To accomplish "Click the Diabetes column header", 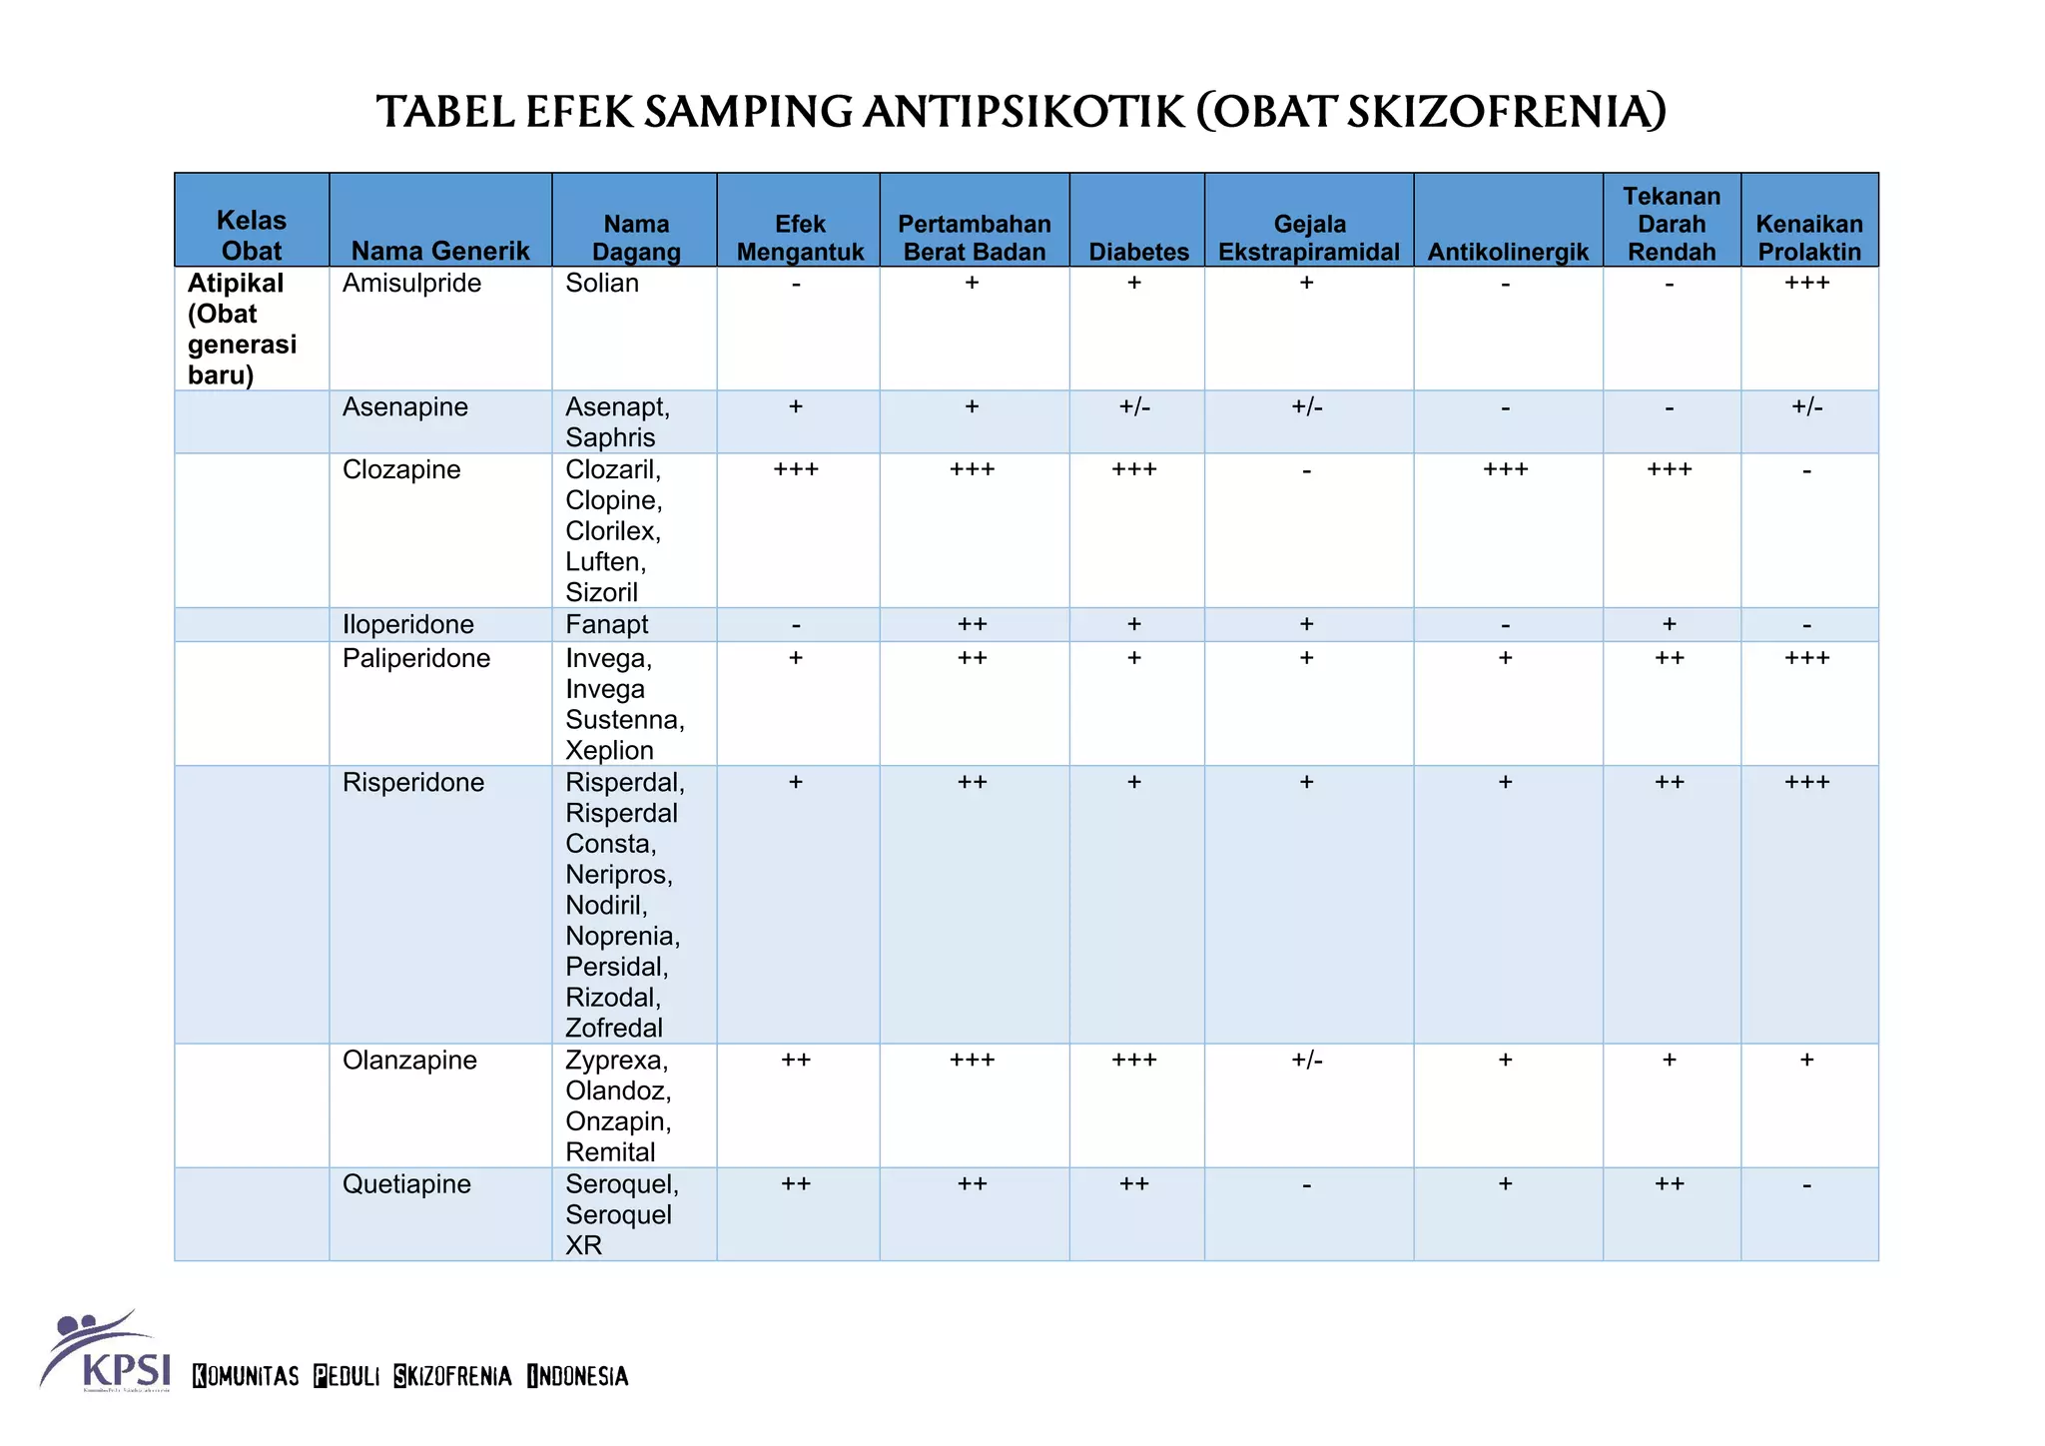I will click(x=1138, y=252).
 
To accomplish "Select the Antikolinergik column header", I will click(x=1507, y=252).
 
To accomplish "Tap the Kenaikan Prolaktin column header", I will click(x=1808, y=238).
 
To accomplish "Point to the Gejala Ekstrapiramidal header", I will click(x=1308, y=238).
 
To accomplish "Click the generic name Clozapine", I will click(x=401, y=470).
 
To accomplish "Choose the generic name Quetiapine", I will click(x=406, y=1184).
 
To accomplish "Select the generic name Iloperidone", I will click(x=407, y=625).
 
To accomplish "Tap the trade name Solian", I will click(x=601, y=284).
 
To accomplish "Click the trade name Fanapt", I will click(x=606, y=625).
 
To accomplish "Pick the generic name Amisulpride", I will click(x=411, y=284).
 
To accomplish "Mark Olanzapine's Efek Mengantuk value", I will click(x=796, y=1061).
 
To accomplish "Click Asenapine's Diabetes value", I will click(x=1135, y=407).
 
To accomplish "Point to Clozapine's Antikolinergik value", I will click(x=1506, y=470).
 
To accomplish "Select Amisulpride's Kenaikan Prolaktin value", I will click(x=1807, y=284).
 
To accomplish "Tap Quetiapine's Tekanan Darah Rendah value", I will click(x=1670, y=1184).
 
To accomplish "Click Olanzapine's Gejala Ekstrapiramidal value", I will click(x=1307, y=1061).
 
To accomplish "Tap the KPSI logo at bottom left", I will click(x=105, y=1351).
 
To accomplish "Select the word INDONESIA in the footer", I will click(x=578, y=1376).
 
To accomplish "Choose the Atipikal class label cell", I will click(x=242, y=329).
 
